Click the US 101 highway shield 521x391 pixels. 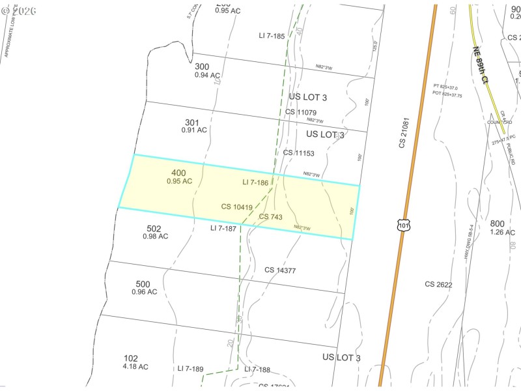[404, 225]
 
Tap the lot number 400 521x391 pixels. [178, 173]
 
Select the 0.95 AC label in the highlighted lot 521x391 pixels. [179, 181]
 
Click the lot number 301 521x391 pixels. [191, 122]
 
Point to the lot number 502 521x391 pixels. [154, 229]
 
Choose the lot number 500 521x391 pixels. [143, 284]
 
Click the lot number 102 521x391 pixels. [131, 358]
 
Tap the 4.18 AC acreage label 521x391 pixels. [135, 367]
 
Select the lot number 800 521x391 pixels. [498, 224]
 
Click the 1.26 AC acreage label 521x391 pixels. [502, 232]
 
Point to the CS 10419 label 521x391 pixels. [236, 207]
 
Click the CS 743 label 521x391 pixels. [270, 216]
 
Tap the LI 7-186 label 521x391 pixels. [255, 183]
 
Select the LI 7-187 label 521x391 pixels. [223, 229]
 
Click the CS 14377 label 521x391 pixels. [280, 270]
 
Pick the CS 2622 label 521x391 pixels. [438, 284]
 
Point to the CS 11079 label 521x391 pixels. [301, 112]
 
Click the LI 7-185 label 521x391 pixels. [272, 36]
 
